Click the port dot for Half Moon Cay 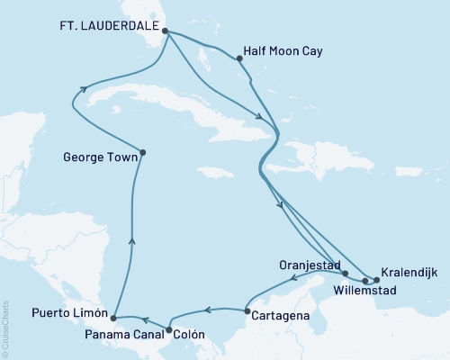(x=239, y=59)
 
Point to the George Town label (x=100, y=156)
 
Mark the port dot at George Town (x=144, y=152)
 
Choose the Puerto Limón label (x=57, y=315)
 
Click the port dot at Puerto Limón (x=112, y=318)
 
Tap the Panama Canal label (x=118, y=335)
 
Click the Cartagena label (x=283, y=316)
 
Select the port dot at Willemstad (x=364, y=281)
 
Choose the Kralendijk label (x=410, y=271)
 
